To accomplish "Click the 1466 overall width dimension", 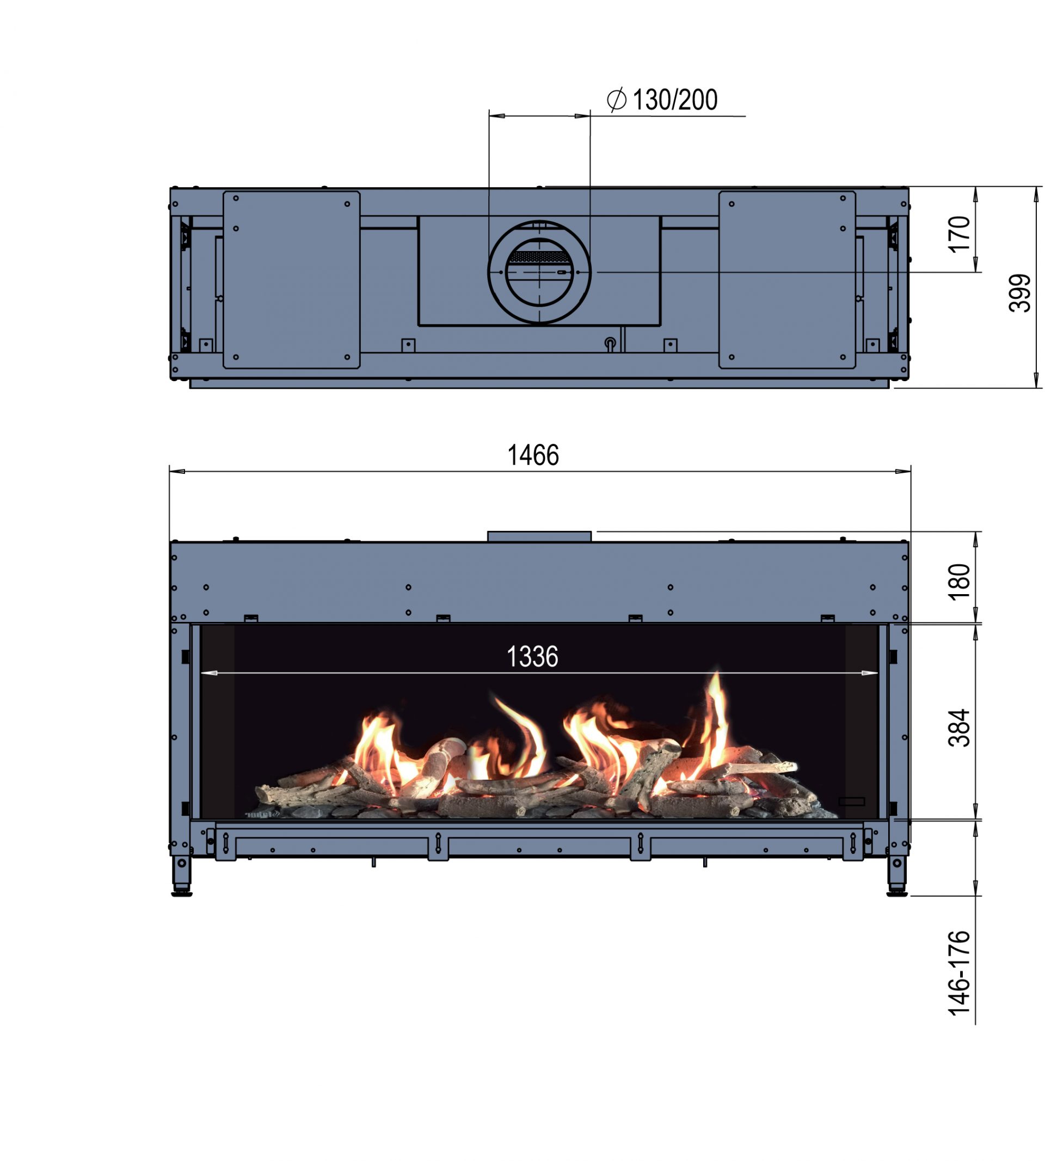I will point(533,456).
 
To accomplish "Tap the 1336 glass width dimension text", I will point(532,657).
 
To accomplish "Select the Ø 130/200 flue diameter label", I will point(662,101).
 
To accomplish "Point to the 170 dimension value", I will point(959,234).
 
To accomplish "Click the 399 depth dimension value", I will point(1020,293).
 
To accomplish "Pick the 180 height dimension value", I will point(959,582).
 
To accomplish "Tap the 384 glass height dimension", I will point(959,728).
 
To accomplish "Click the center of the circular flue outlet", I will point(539,272).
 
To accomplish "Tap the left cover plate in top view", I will point(292,280).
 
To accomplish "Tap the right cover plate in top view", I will point(787,280).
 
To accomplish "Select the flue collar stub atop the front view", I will point(539,536).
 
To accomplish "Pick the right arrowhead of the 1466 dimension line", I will point(905,472).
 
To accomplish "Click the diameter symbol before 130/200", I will point(617,100).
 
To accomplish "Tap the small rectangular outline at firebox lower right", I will point(851,802).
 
